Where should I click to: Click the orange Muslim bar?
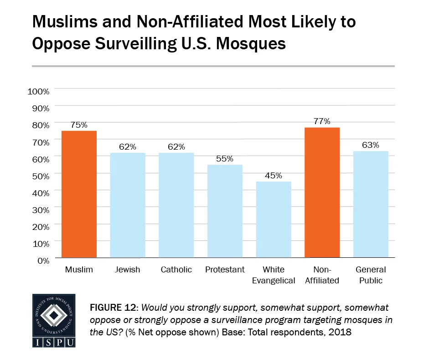(x=79, y=194)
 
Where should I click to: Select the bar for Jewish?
(x=128, y=205)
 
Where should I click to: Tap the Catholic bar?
(x=176, y=205)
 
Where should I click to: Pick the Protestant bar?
(x=225, y=211)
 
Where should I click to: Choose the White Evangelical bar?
(x=274, y=219)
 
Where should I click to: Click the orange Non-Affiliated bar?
(x=322, y=192)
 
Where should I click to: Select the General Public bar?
(x=371, y=204)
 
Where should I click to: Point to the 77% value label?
(x=322, y=121)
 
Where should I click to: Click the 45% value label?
(x=274, y=176)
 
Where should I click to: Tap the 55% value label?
(x=225, y=159)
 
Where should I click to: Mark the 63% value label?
(x=371, y=145)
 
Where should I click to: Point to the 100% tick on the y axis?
(x=38, y=91)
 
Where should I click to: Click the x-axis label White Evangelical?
(x=274, y=275)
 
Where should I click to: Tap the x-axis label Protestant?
(x=225, y=270)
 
